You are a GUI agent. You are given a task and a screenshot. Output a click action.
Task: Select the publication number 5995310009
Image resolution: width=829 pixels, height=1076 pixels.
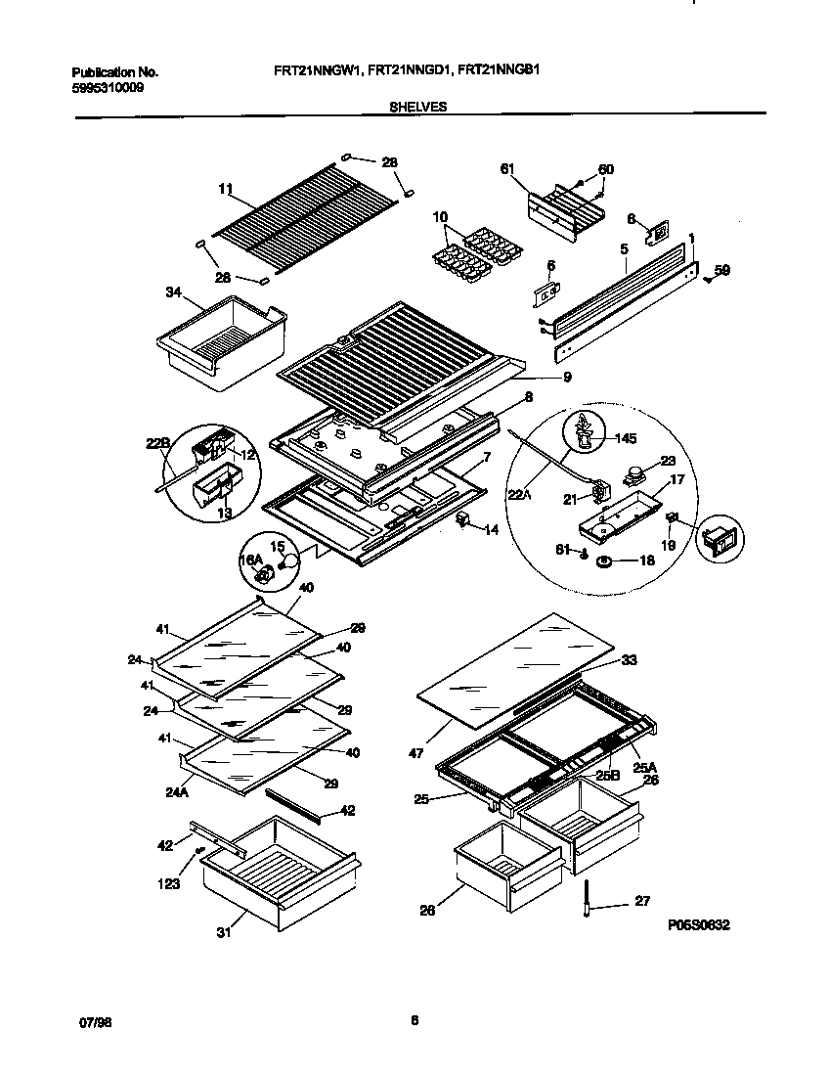pos(105,86)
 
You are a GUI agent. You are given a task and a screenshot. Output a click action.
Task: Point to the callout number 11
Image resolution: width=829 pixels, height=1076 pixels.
pos(226,188)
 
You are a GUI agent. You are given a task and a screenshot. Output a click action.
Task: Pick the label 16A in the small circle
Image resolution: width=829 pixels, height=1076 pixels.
pos(250,560)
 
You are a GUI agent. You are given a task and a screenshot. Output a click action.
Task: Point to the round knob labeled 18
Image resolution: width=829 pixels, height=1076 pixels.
pos(604,560)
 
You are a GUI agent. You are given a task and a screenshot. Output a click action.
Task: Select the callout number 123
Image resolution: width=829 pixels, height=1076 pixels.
pos(170,884)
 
